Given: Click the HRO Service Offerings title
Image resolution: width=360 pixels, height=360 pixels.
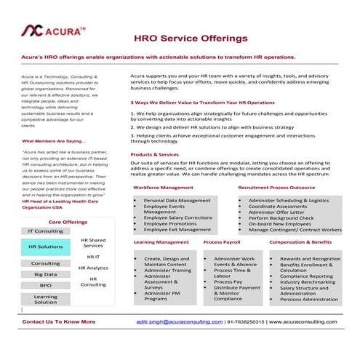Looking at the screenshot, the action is click(x=191, y=37).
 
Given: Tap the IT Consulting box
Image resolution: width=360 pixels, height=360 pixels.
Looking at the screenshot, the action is click(x=45, y=231).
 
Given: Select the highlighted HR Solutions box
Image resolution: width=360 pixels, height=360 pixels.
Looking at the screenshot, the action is click(x=45, y=247).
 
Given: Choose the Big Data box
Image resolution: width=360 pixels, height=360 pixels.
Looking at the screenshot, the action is click(x=45, y=274).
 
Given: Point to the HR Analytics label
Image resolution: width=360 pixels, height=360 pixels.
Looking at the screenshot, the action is click(x=93, y=268).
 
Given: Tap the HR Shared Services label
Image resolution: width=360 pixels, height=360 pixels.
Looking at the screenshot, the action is click(x=93, y=243).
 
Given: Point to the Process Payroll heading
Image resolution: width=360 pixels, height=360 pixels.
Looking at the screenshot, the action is click(x=222, y=241).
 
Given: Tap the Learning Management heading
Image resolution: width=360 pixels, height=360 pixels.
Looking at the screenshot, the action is click(x=161, y=241).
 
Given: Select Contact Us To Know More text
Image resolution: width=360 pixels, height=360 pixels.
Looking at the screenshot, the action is click(x=59, y=321).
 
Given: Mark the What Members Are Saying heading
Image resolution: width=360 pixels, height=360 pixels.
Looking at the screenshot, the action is click(x=55, y=140).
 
